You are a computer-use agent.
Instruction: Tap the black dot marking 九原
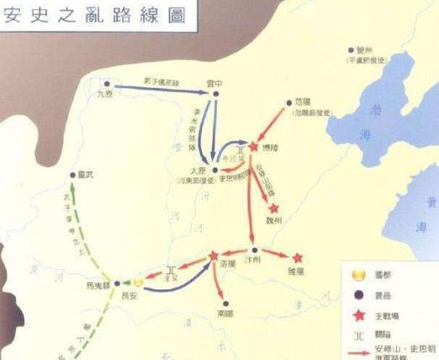coord(107,83)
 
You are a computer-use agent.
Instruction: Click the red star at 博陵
coord(252,146)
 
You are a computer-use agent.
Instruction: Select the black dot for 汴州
coord(254,251)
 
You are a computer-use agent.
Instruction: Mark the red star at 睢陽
coord(297,257)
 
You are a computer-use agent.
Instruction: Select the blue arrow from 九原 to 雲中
coord(160,87)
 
